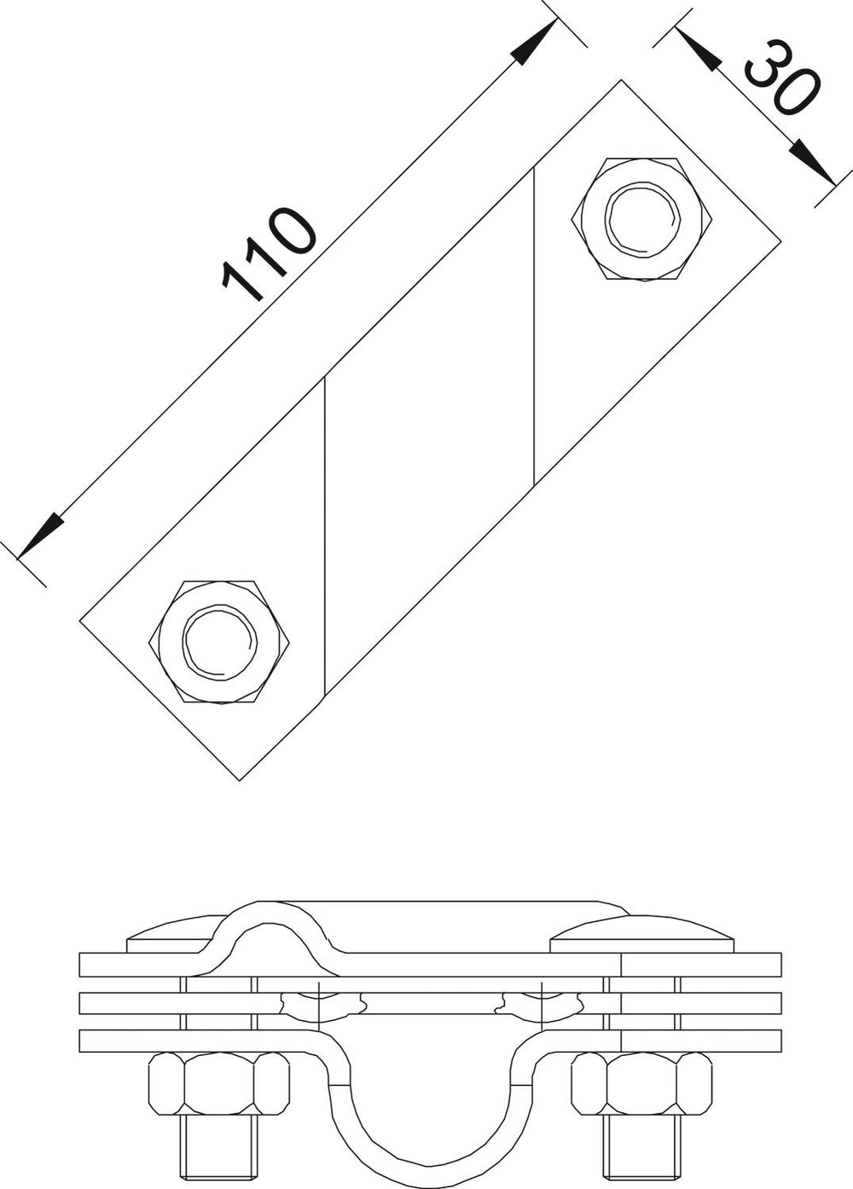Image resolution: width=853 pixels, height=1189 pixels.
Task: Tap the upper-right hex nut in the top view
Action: [641, 218]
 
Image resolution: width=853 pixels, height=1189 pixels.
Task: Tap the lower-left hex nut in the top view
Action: [219, 641]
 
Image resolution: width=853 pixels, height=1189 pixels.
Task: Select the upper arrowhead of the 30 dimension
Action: [699, 49]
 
